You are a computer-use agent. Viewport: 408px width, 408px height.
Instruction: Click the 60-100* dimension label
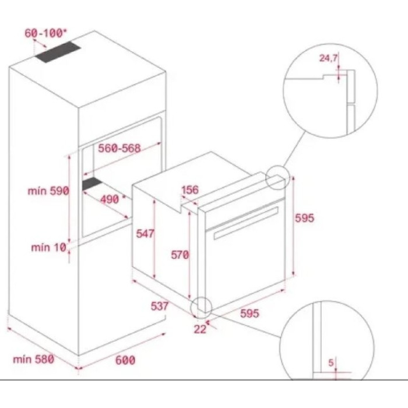pos(45,33)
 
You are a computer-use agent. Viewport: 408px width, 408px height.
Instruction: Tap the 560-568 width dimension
pos(119,148)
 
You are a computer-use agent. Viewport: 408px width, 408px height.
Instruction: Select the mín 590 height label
pos(48,191)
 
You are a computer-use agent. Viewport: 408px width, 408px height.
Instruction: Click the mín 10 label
pos(48,248)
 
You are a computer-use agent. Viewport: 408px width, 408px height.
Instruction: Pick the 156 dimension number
pos(190,189)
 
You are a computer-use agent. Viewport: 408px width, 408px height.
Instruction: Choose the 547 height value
pos(144,234)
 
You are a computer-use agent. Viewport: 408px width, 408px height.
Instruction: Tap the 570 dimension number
pos(180,254)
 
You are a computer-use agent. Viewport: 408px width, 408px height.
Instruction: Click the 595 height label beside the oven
pos(304,218)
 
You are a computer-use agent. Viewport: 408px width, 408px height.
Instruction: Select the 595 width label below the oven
pos(249,314)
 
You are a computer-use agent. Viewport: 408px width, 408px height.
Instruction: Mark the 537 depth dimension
pos(159,305)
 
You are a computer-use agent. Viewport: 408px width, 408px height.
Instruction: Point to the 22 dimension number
pos(201,329)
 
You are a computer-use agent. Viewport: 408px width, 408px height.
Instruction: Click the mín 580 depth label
pos(33,359)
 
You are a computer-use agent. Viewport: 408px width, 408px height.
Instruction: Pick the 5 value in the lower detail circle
pos(331,363)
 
